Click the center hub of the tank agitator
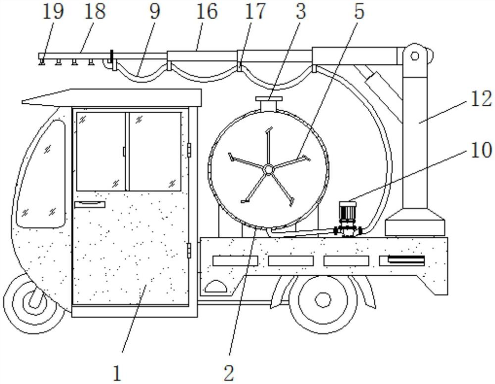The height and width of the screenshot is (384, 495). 268,170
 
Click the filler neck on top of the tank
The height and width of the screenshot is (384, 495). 268,105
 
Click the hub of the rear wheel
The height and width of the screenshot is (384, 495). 323,299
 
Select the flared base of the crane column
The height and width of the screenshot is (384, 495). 414,222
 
